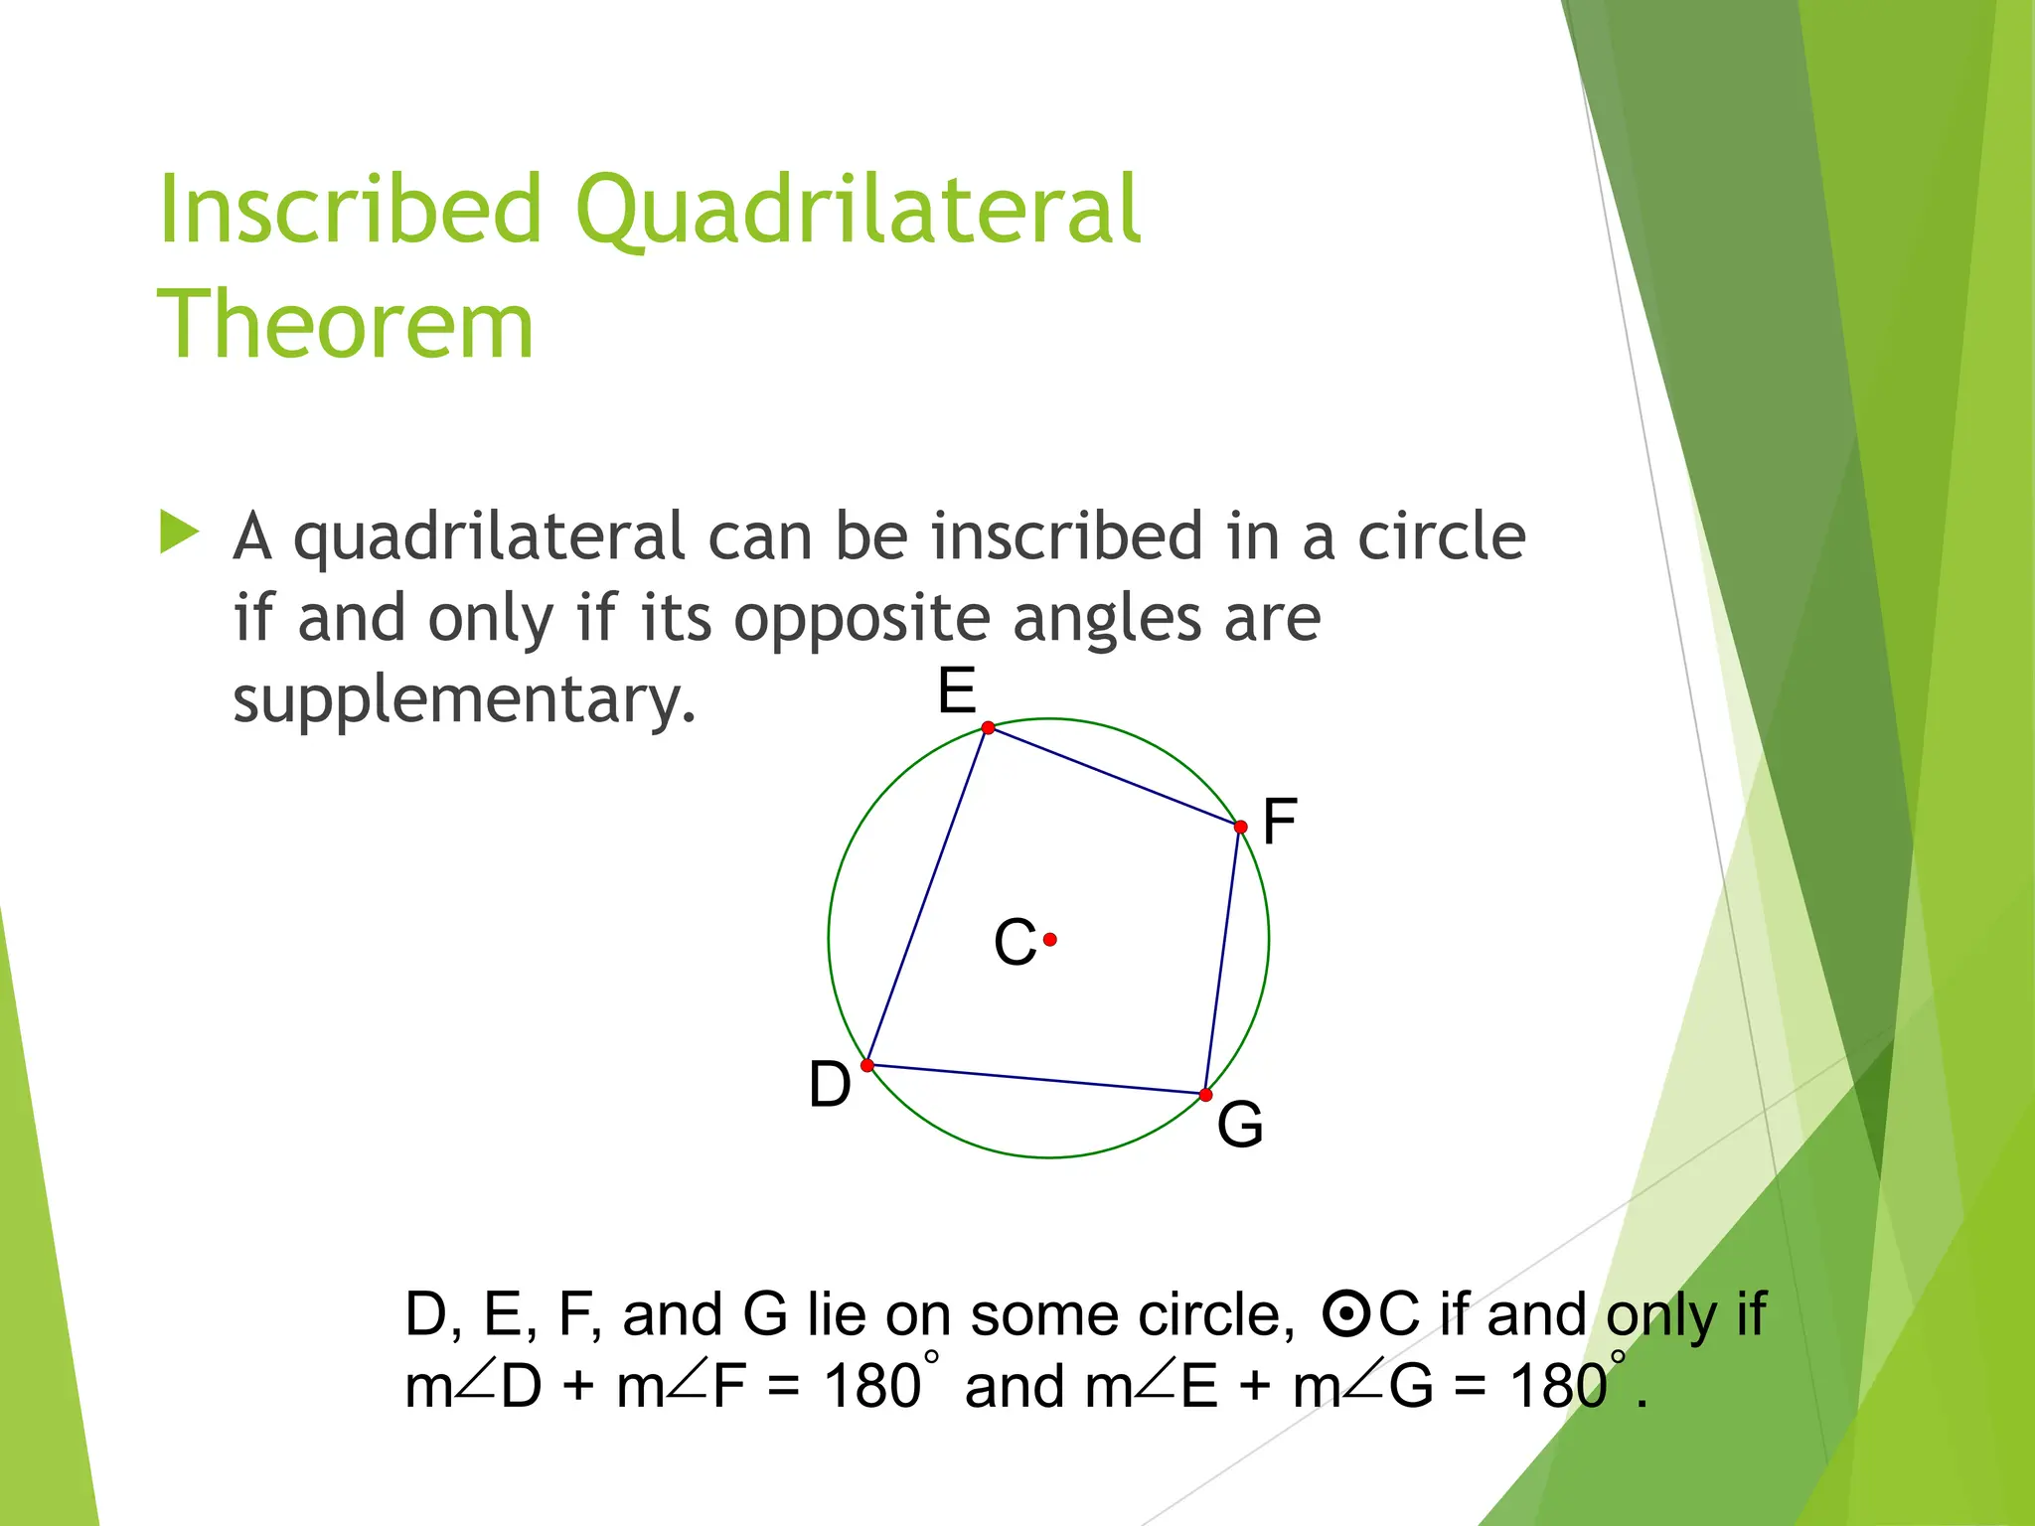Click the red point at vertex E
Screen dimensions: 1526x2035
(988, 728)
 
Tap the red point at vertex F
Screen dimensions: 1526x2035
(1240, 827)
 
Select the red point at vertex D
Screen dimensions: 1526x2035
(867, 1066)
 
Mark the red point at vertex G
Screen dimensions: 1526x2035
(1205, 1095)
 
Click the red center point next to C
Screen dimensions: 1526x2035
(1050, 939)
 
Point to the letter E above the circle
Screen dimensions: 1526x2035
(957, 690)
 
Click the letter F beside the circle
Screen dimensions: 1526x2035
(1280, 822)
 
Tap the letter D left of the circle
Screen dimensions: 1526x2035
(830, 1084)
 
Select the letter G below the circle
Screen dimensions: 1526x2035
(1240, 1125)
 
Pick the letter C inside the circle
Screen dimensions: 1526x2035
(1015, 942)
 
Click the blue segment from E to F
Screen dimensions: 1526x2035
(1113, 777)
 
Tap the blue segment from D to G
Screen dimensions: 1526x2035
(1036, 1080)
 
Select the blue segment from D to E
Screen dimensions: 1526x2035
(927, 897)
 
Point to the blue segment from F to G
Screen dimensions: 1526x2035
(1223, 961)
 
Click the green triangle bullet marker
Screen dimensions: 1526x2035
(180, 533)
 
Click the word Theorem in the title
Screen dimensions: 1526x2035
(346, 324)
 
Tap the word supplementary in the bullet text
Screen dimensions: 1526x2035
(464, 700)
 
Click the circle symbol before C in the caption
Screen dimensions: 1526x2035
(1346, 1315)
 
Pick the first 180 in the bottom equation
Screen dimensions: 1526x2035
(872, 1386)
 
